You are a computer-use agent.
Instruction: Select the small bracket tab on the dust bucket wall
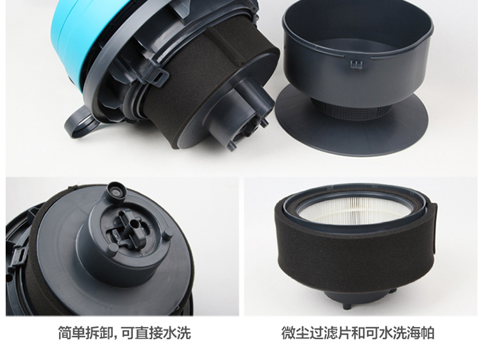(x=357, y=64)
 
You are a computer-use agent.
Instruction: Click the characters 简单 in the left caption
(x=72, y=333)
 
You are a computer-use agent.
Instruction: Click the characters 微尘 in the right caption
(x=296, y=333)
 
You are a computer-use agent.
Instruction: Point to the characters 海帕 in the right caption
(x=421, y=333)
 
